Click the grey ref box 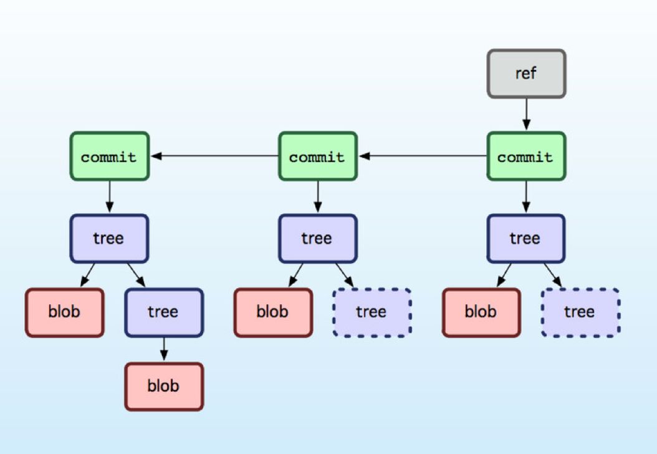click(526, 74)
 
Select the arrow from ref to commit click(526, 115)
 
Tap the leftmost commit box click(109, 156)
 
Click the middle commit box click(317, 156)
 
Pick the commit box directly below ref click(526, 156)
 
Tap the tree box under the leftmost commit click(109, 238)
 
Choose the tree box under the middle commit click(317, 238)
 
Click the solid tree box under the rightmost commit click(526, 238)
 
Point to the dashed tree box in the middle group click(372, 312)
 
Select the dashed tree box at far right click(580, 312)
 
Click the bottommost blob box click(164, 386)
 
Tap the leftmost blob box click(64, 312)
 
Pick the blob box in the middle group click(273, 312)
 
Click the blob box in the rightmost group click(481, 312)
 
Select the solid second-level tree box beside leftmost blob click(164, 312)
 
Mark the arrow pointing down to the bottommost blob click(164, 349)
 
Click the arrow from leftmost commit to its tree click(109, 197)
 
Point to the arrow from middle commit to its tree click(317, 197)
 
